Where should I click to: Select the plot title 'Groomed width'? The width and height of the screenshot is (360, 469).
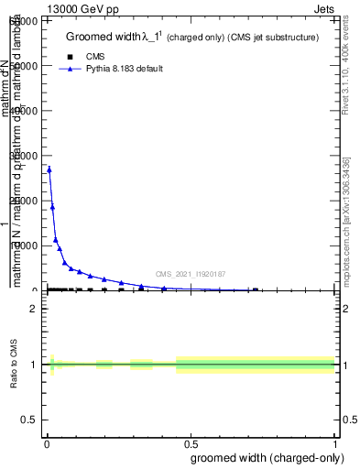point(100,37)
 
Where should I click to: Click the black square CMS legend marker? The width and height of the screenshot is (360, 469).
point(71,57)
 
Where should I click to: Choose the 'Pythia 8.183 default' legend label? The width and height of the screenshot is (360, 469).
point(124,69)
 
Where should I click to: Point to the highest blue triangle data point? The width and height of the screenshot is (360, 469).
point(49,169)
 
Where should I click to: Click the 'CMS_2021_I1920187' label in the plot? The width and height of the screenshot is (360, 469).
point(191,274)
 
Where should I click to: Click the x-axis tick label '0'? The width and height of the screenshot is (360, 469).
point(47,444)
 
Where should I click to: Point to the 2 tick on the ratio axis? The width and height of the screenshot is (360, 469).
point(35,309)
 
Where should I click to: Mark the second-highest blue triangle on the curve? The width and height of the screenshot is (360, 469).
point(52,206)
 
